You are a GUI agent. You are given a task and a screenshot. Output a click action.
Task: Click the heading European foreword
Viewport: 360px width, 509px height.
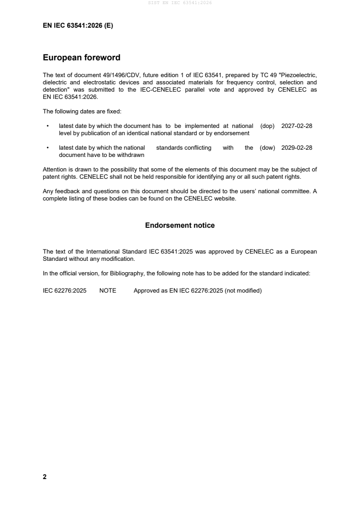click(81, 58)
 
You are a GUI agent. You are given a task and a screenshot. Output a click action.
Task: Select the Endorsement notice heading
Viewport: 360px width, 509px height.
click(180, 225)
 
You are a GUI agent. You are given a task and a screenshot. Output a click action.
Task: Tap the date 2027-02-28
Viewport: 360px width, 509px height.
click(297, 126)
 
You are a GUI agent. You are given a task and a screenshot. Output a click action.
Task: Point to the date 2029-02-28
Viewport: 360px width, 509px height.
click(297, 148)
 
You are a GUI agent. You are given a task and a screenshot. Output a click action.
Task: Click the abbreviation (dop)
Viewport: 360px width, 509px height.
click(268, 126)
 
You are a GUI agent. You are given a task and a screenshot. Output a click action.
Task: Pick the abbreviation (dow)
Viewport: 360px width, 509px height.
click(268, 148)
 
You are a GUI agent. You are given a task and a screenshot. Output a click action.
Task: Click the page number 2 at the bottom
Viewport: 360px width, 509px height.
click(44, 477)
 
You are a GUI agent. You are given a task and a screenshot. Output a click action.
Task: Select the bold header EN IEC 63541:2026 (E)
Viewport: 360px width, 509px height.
click(78, 26)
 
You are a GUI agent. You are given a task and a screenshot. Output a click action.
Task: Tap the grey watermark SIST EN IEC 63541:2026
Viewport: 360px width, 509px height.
click(180, 3)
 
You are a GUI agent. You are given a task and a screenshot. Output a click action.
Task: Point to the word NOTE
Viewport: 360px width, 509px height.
click(108, 291)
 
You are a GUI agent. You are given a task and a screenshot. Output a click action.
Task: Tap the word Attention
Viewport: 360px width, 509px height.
click(54, 170)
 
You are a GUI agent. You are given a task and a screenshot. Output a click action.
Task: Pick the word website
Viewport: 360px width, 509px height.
click(225, 198)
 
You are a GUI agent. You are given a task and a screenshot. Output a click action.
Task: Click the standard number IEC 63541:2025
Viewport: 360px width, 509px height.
click(179, 251)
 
